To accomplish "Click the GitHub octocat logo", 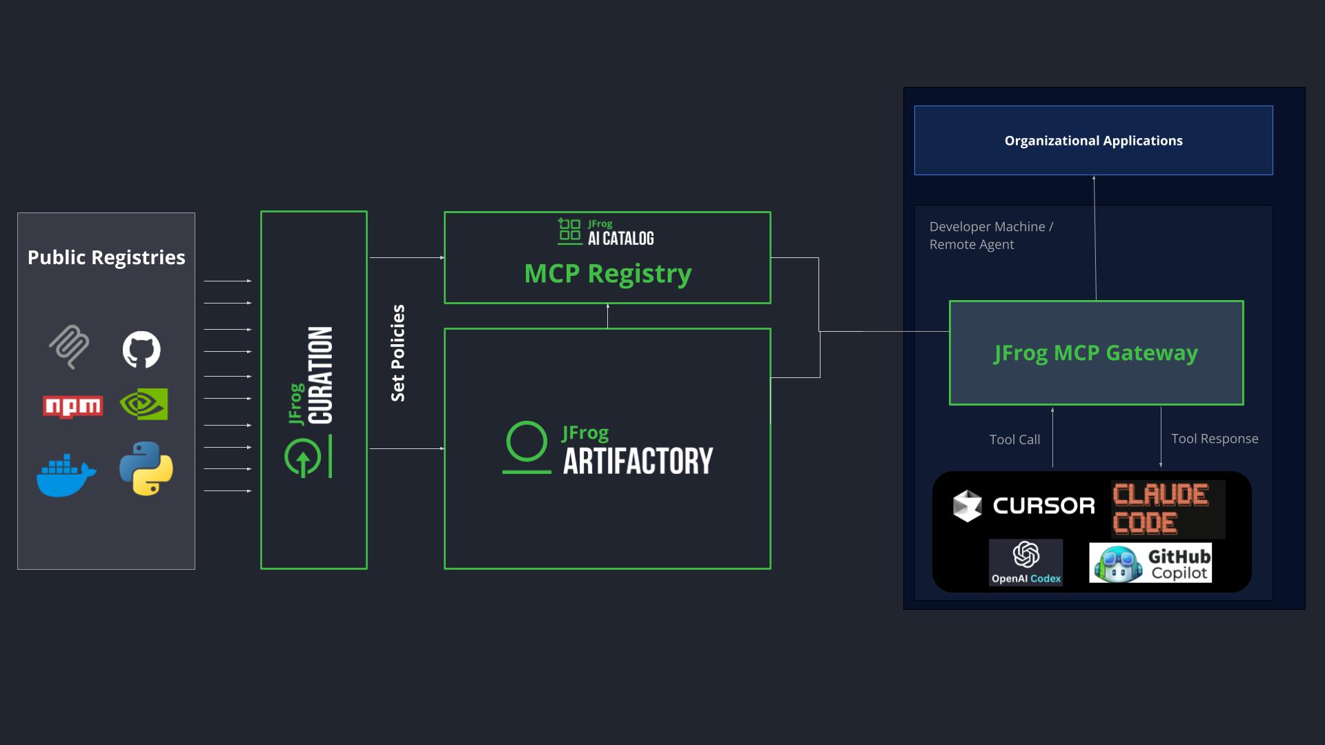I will [141, 349].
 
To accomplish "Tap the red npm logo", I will [72, 406].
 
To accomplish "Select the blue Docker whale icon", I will [66, 475].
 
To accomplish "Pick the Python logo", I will [146, 468].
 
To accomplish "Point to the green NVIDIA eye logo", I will [144, 404].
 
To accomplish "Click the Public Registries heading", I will [106, 257].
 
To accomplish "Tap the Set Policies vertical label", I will [397, 352].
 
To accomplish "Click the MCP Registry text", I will [607, 274].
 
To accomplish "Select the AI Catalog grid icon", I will [569, 231].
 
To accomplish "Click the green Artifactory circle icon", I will [527, 441].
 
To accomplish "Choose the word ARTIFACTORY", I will [638, 461].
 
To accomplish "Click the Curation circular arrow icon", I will [302, 457].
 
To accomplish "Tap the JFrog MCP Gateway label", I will [1096, 352].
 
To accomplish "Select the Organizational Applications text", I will [1093, 141].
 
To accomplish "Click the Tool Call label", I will [1014, 439].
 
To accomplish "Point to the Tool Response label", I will [1215, 439].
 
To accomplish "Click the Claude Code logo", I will [1168, 509].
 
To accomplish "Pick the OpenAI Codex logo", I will [1025, 562].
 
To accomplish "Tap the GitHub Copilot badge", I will [1150, 563].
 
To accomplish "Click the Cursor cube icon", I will [967, 506].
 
